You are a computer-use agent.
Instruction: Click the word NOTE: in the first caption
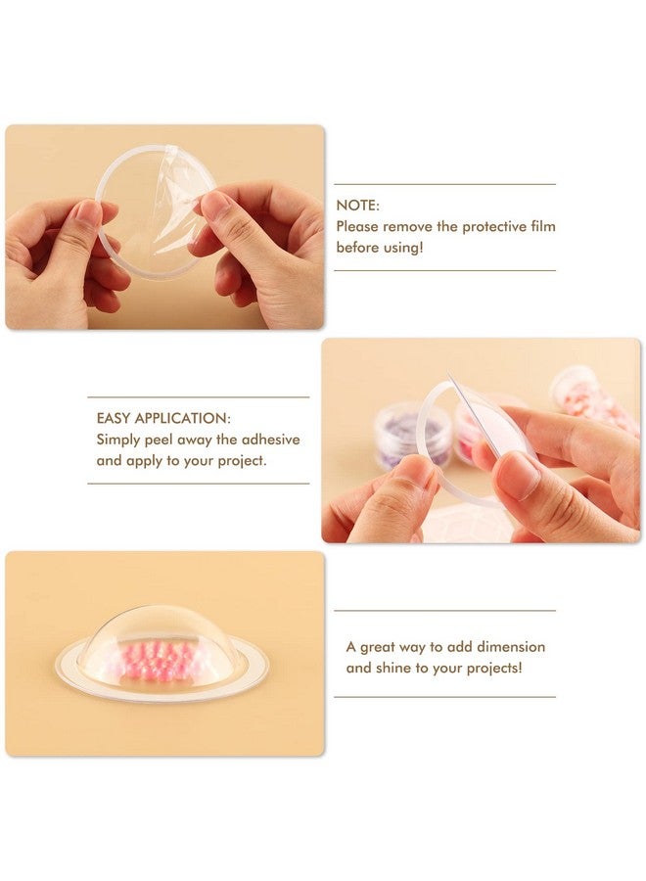point(358,206)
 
